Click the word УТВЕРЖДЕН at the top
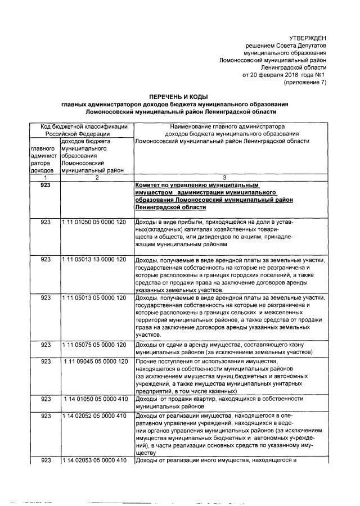pos(307,37)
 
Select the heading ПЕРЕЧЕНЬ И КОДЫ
pos(179,97)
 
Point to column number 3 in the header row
pos(224,178)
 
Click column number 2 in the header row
pos(96,178)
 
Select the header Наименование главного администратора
pos(224,127)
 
